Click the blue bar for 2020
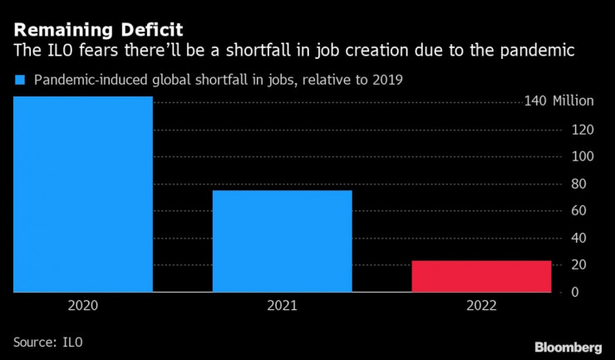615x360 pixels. coord(83,195)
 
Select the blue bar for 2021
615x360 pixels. coord(282,241)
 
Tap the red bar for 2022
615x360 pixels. coord(481,276)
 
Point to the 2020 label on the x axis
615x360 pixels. coord(83,306)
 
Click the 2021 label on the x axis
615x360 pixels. coord(282,306)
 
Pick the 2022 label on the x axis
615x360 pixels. coord(481,306)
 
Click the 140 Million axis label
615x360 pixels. coord(558,101)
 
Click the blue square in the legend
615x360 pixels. coord(18,81)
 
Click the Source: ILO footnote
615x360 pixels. coord(48,341)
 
